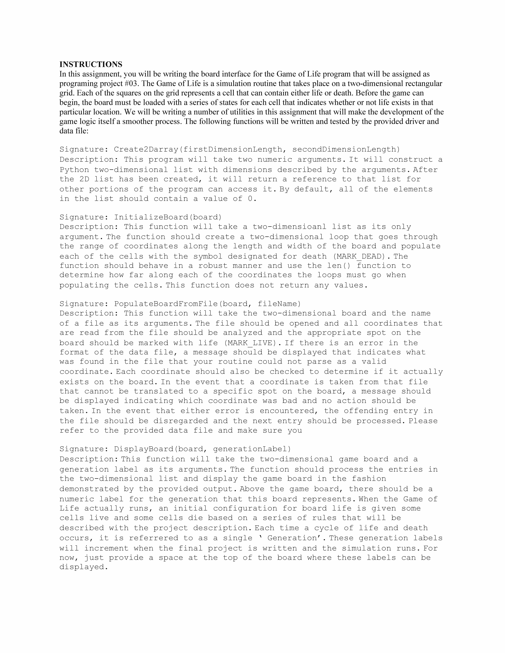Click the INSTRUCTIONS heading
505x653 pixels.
[91, 64]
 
